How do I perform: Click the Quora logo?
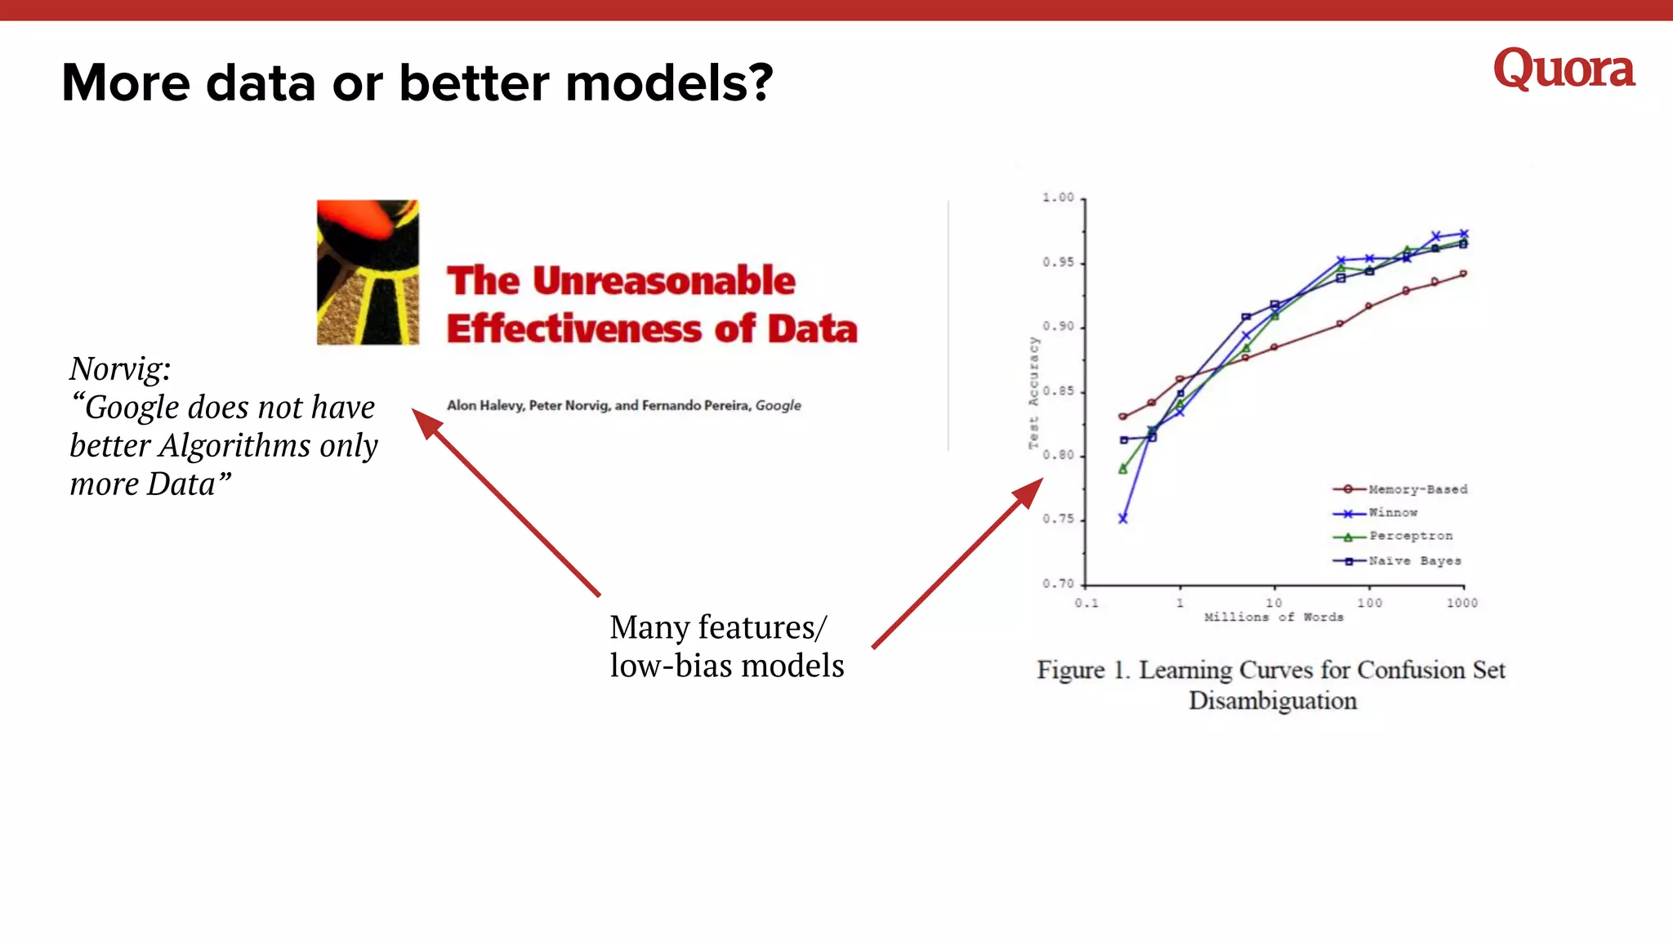[1563, 69]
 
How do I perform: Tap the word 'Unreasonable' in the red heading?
[663, 281]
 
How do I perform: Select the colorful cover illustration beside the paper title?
[368, 272]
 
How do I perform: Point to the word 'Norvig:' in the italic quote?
[120, 369]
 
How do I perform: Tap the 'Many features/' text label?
[718, 627]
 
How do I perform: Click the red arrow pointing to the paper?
[506, 502]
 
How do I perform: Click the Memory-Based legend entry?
[1417, 489]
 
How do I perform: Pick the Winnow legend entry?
[1393, 513]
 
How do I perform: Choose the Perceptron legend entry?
[1411, 536]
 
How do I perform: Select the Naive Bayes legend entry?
[1414, 561]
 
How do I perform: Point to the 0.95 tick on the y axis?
[1058, 262]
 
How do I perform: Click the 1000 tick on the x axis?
[1461, 603]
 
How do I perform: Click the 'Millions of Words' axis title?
[1273, 618]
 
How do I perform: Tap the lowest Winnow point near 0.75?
[1123, 519]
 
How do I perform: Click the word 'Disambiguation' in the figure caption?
[1272, 701]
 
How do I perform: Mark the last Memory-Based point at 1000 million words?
[1463, 274]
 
